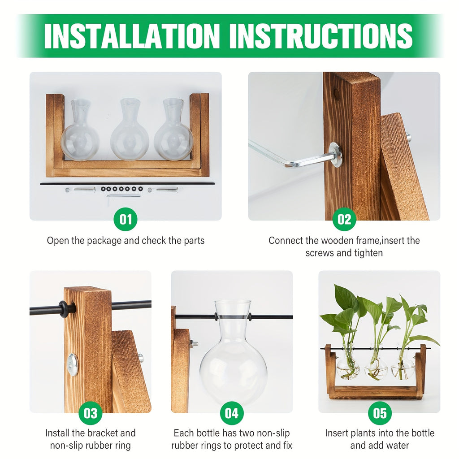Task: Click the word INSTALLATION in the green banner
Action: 133,35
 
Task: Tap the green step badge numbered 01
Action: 126,219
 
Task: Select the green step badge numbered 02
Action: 344,219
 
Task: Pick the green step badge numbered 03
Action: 91,413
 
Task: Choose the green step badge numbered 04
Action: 232,413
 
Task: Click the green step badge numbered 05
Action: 380,413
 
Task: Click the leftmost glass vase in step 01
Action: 80,132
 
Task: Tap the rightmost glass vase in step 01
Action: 173,132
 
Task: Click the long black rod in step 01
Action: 127,183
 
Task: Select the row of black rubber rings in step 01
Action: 122,190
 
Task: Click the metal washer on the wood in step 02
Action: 335,155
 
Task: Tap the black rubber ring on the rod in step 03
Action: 66,309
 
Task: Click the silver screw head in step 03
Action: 73,364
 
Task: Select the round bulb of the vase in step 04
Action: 233,368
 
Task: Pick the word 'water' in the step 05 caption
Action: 397,446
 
